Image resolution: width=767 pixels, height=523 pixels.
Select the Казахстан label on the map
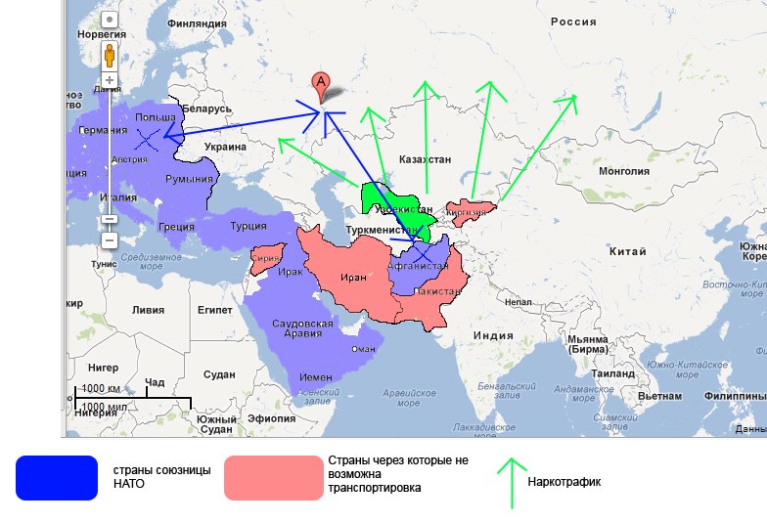tap(426, 158)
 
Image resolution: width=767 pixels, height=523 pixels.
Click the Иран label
tap(353, 277)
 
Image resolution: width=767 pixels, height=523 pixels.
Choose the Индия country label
tap(493, 335)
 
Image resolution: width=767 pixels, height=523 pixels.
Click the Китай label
tap(627, 252)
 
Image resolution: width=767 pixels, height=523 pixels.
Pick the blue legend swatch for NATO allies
tap(57, 478)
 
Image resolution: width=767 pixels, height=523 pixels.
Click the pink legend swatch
tap(273, 478)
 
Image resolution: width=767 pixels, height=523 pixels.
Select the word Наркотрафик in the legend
tap(564, 482)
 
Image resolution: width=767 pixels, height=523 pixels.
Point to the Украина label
tap(225, 147)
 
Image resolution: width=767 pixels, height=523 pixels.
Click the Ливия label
tap(149, 310)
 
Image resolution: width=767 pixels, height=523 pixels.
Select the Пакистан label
tap(438, 292)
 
